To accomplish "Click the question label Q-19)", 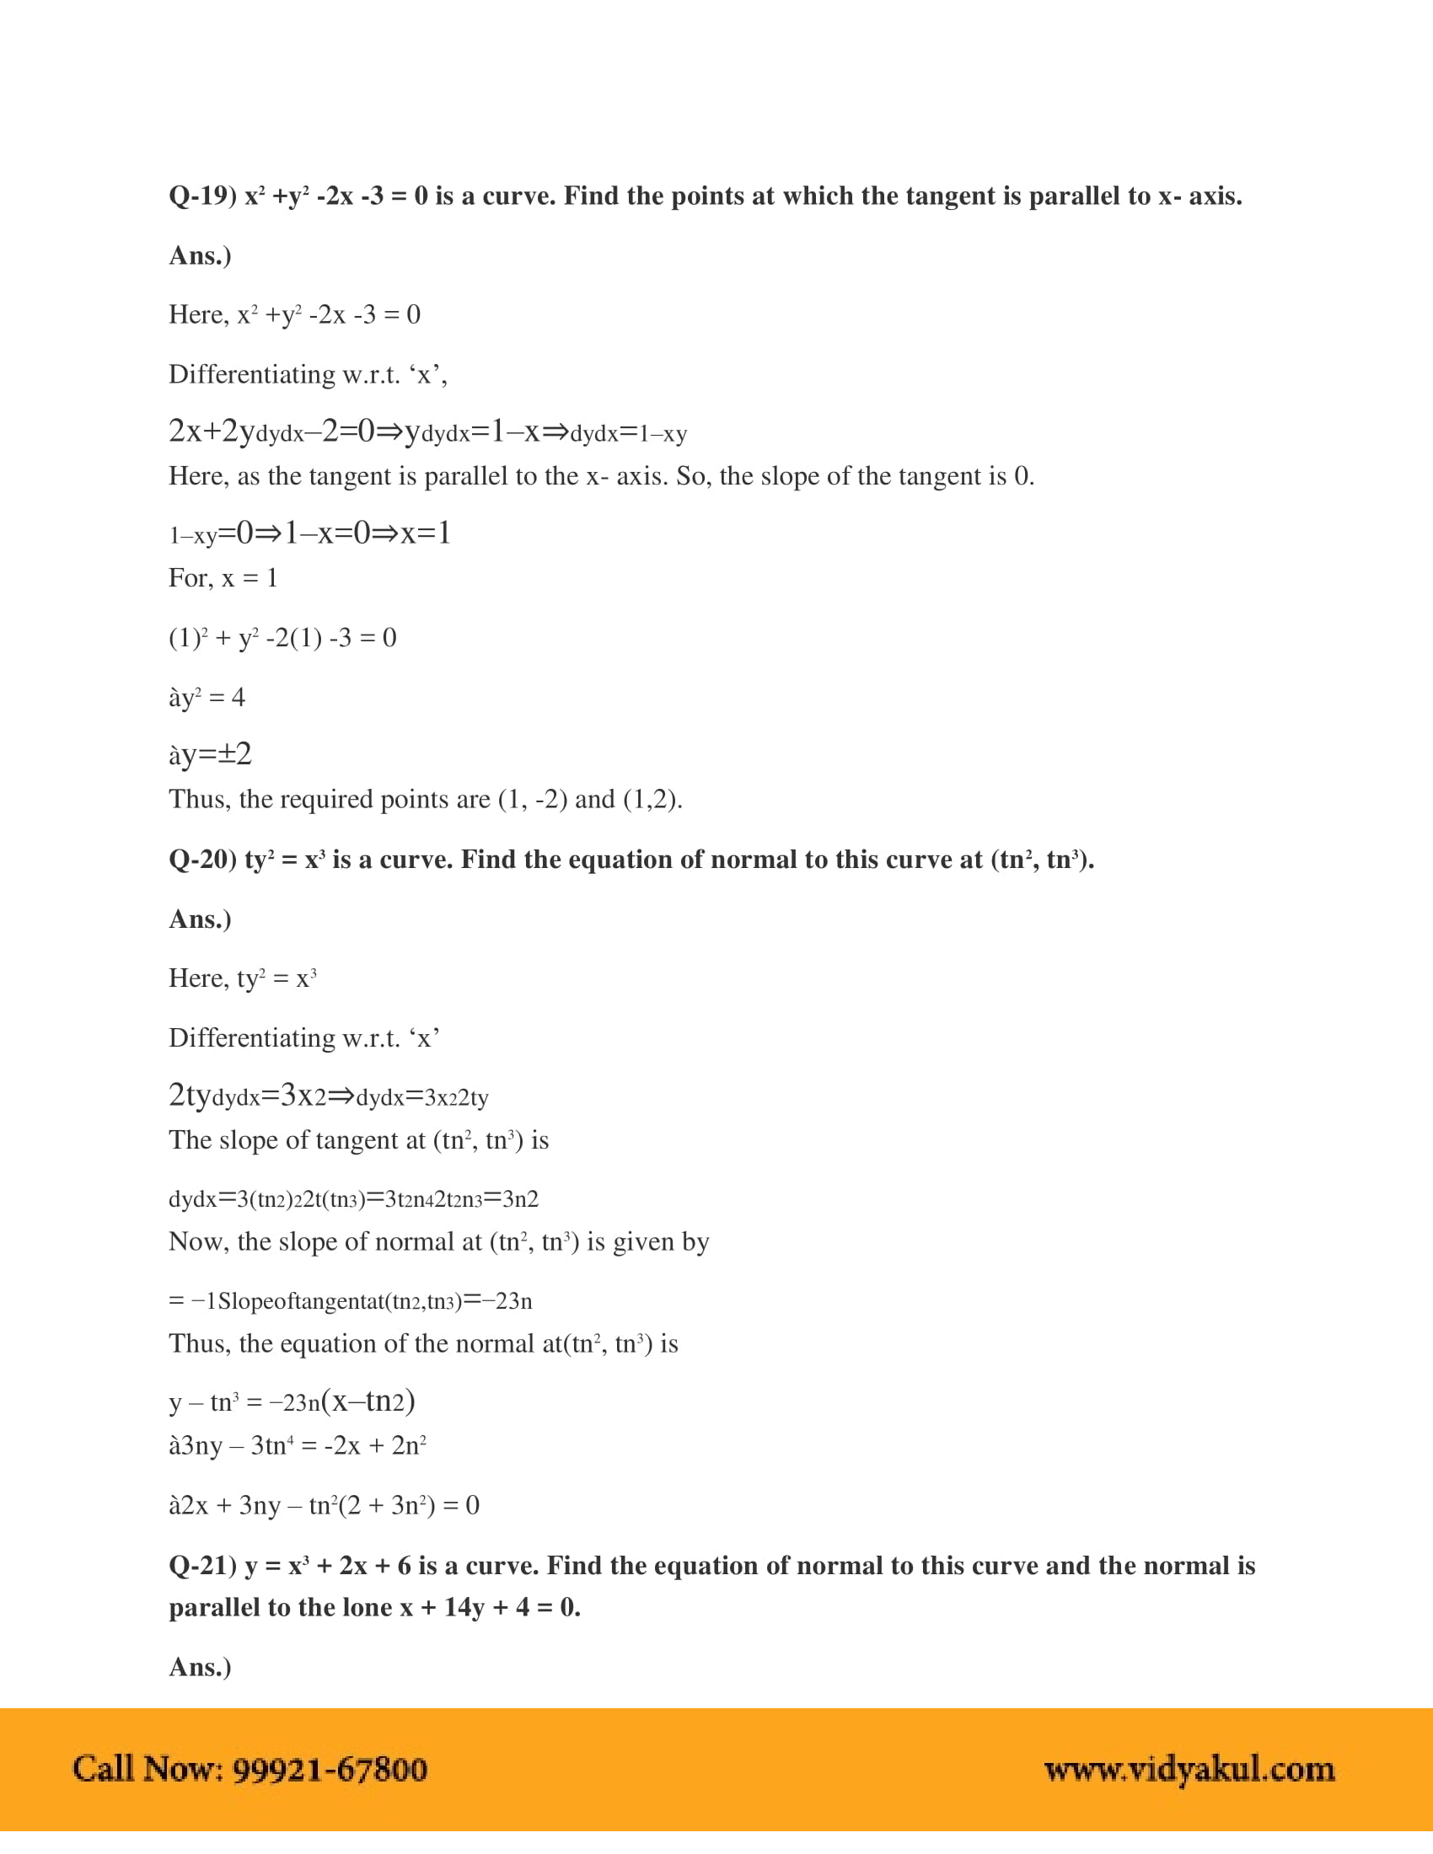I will (202, 197).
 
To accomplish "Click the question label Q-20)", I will (202, 860).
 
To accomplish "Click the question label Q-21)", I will (202, 1567).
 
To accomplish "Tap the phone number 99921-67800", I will (330, 1769).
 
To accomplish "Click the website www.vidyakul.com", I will (1189, 1769).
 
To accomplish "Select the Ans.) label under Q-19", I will (201, 255).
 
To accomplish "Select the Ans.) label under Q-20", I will (201, 919).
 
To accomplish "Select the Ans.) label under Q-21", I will (201, 1667).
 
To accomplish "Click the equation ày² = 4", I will (207, 698).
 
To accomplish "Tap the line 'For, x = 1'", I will (223, 579).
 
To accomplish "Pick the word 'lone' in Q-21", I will (366, 1608).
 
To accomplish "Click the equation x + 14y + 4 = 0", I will (490, 1608).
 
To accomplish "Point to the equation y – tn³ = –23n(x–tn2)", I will (292, 1401).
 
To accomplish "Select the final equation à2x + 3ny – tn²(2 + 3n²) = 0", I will (325, 1506).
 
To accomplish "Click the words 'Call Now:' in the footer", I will (148, 1769).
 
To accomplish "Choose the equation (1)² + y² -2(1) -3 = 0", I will (282, 639).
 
